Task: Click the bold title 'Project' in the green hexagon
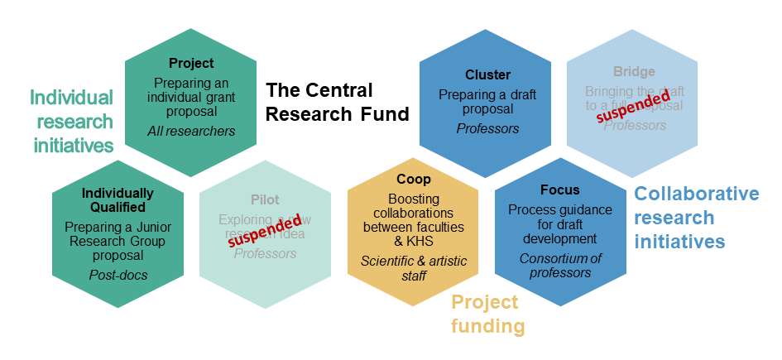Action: point(191,63)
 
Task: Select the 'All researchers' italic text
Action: point(191,131)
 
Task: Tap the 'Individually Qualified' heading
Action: point(118,200)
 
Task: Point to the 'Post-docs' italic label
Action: point(118,275)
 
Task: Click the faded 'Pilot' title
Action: point(265,199)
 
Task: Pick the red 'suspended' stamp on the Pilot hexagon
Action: point(265,230)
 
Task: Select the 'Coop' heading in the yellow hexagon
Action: point(413,180)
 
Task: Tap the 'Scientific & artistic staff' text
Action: point(413,268)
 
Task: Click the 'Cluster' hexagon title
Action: point(487,74)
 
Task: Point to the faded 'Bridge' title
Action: point(635,72)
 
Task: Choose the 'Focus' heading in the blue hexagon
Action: point(560,190)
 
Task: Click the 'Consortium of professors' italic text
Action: point(560,266)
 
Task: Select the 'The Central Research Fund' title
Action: point(337,102)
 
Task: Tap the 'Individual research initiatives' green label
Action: point(72,122)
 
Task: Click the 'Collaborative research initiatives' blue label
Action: point(696,217)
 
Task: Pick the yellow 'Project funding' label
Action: point(487,314)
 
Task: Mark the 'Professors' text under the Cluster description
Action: point(487,128)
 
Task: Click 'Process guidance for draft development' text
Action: point(560,223)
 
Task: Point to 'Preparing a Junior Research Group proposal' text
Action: point(118,242)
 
